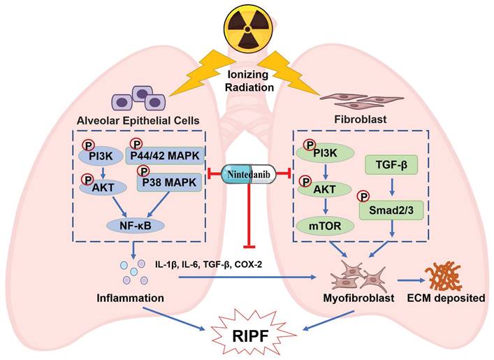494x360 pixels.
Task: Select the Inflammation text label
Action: click(x=130, y=298)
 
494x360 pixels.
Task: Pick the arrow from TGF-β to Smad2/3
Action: click(x=391, y=186)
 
